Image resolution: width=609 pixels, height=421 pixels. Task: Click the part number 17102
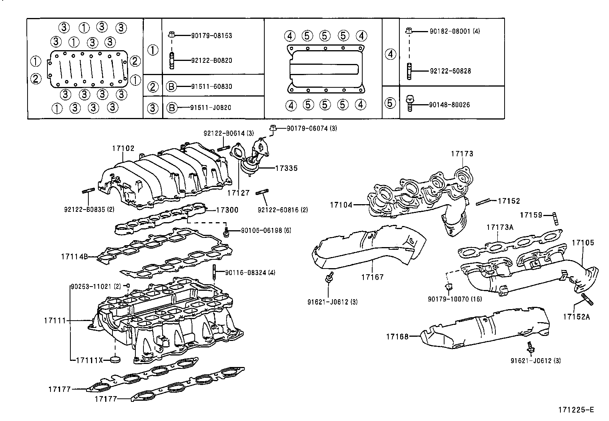123,148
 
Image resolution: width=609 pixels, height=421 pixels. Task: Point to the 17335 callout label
286,168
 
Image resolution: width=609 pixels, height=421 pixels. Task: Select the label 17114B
74,257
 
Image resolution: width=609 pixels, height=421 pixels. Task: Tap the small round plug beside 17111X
115,359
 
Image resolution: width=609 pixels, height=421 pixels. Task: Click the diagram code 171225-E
576,410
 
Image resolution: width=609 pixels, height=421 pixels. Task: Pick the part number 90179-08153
212,36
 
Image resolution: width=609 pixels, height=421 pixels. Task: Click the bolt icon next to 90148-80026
410,103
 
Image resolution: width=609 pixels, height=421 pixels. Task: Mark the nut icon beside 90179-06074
273,128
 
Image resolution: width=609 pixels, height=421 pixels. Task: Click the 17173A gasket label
500,227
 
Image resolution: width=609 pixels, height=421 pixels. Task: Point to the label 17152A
576,317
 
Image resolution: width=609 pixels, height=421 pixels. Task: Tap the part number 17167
372,277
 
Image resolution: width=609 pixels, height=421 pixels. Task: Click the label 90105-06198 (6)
266,231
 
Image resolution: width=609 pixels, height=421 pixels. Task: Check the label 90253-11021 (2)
96,287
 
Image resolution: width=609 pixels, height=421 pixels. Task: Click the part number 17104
341,205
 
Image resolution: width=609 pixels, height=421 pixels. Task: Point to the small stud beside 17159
555,219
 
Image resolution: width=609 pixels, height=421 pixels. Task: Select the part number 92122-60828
450,71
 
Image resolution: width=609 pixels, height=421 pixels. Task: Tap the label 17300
227,210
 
